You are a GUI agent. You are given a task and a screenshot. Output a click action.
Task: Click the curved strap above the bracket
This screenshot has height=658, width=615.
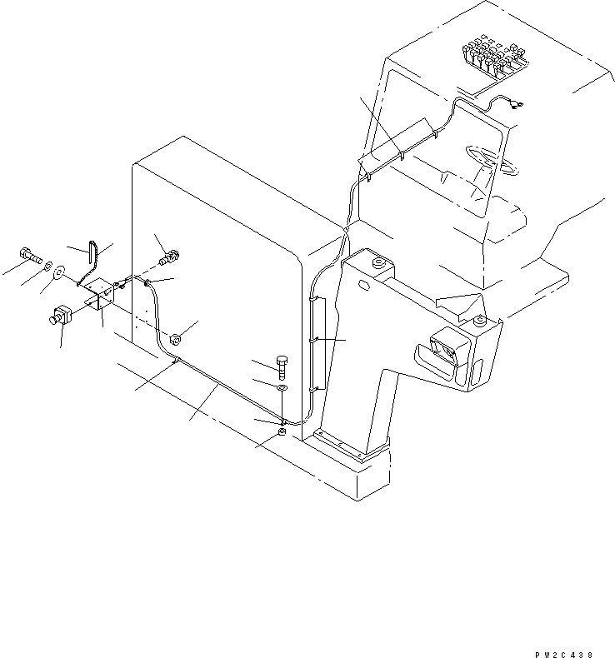(93, 247)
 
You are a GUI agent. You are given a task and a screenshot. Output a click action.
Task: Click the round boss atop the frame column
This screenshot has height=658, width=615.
(377, 263)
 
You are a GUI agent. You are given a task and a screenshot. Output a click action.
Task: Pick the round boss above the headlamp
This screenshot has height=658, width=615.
(479, 321)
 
